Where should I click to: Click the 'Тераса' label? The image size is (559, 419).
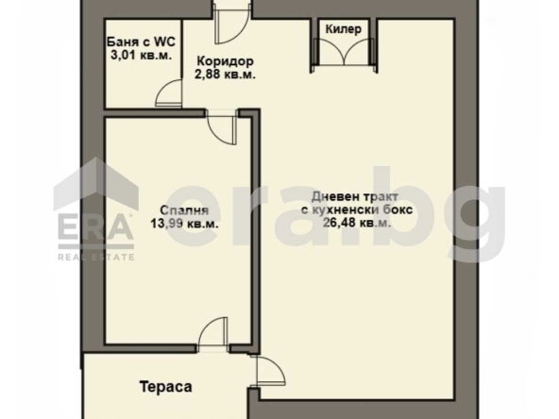point(166,387)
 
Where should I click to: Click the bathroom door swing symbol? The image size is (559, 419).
point(169,92)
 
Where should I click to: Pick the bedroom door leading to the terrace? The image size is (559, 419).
point(213,334)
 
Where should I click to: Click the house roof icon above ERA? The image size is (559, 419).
point(94,184)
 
